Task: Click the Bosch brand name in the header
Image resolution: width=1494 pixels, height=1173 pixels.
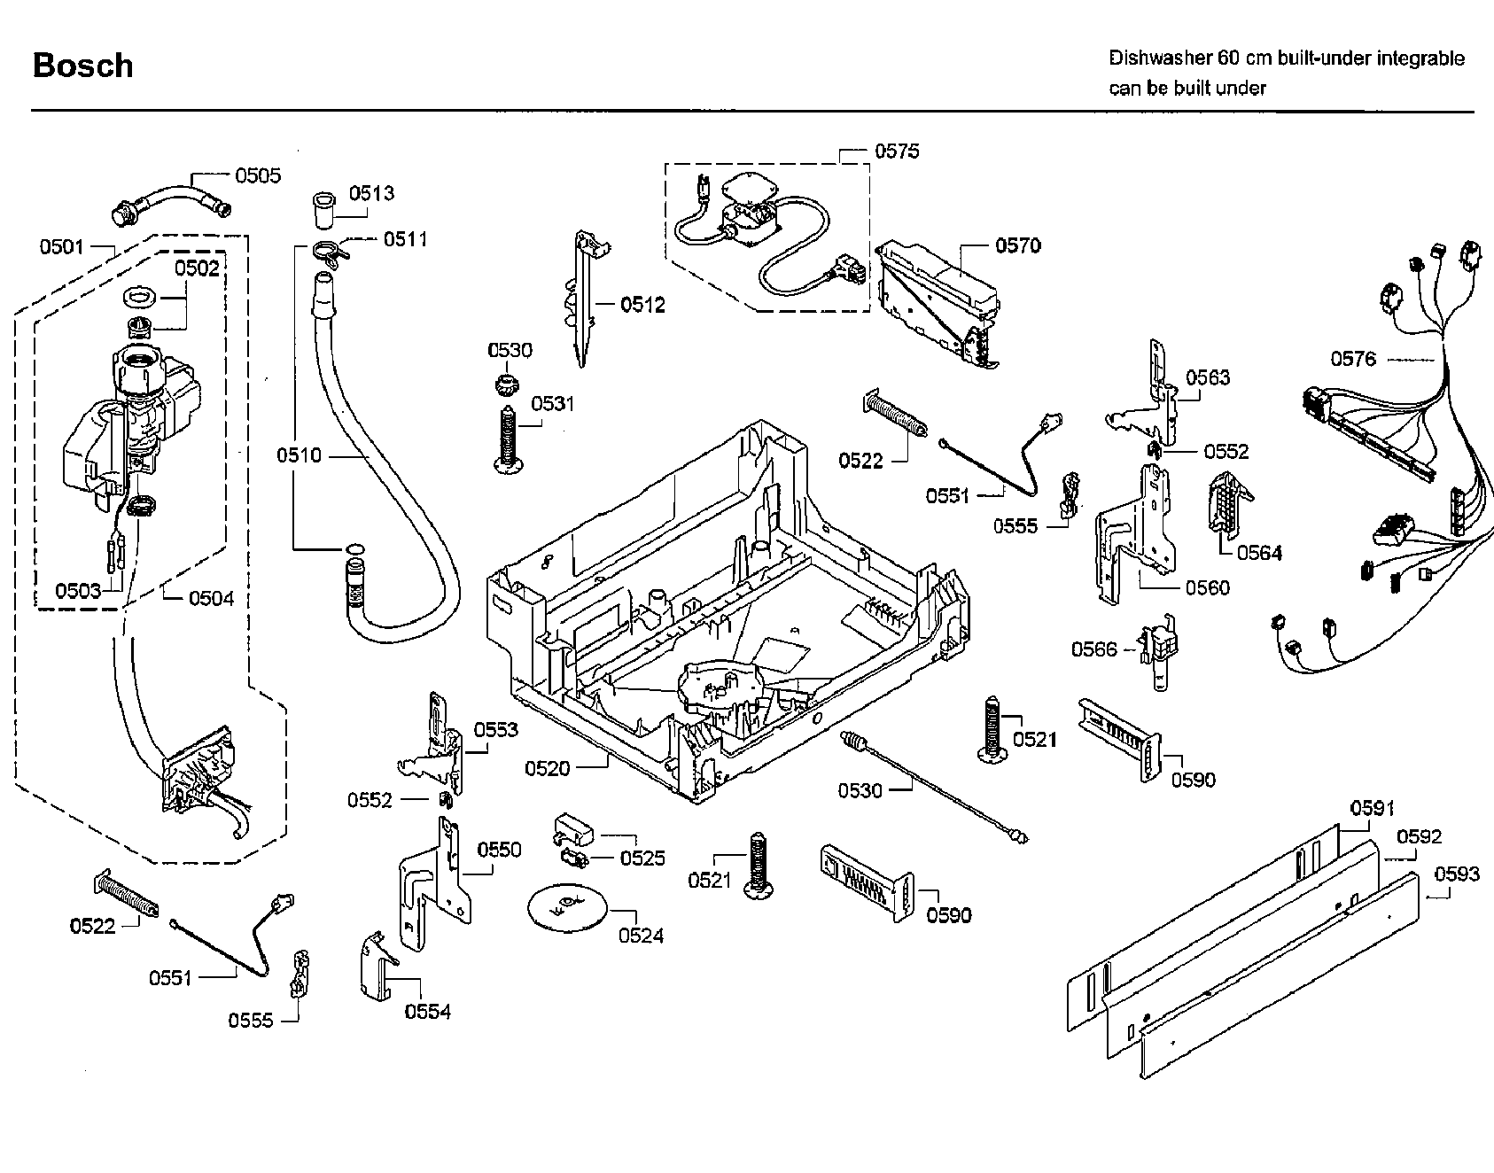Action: [82, 66]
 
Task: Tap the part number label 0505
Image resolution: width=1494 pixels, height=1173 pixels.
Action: [258, 175]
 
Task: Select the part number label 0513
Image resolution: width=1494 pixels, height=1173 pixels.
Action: [371, 193]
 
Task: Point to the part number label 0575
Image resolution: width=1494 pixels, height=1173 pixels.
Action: [897, 151]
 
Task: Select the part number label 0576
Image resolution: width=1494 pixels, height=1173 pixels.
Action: [1353, 359]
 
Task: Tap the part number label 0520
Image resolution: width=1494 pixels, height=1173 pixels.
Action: [547, 768]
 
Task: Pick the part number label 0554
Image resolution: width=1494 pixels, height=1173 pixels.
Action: [428, 1012]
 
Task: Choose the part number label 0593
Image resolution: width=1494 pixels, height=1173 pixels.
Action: [1457, 874]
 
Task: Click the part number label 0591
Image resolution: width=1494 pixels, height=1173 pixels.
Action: [1373, 808]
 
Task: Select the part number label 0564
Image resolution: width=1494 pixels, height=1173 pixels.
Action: [1259, 553]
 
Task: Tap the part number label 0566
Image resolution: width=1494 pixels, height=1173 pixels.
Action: [1094, 649]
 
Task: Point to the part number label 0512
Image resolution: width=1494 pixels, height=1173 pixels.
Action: [642, 305]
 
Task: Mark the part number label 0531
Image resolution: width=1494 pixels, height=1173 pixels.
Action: [553, 404]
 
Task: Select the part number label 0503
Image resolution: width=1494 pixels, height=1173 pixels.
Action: [78, 591]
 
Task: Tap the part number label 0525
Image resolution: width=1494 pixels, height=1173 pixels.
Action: [642, 858]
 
